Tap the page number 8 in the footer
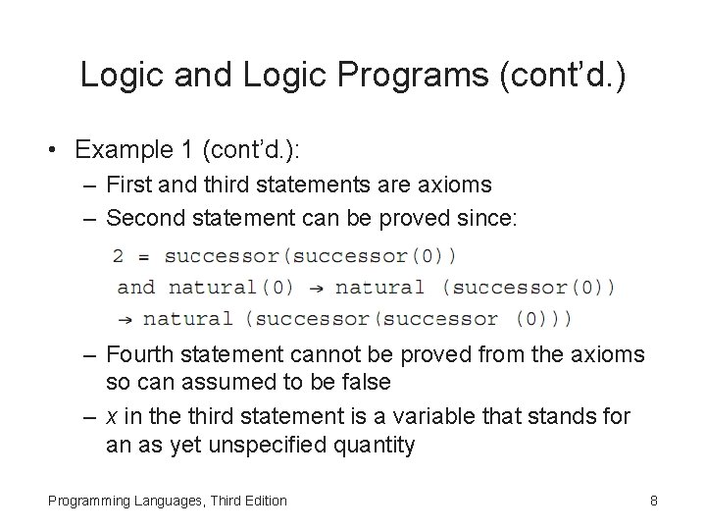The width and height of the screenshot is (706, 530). (x=653, y=501)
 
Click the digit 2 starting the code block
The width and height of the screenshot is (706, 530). (x=119, y=256)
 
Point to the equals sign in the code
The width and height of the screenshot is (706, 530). (x=143, y=256)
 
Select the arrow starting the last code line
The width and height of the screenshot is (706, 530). (x=125, y=319)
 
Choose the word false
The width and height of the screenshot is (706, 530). (x=365, y=382)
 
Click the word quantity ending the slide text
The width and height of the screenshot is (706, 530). (x=375, y=445)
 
